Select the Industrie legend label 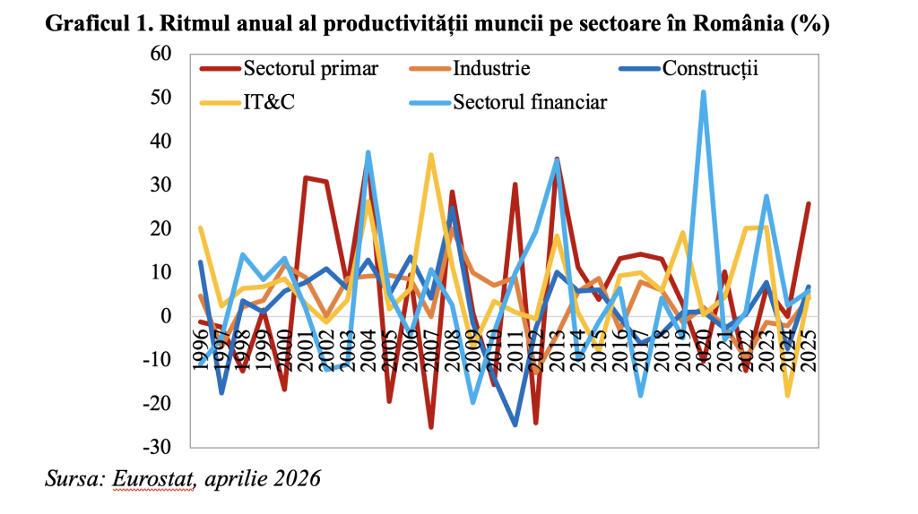pyautogui.click(x=492, y=69)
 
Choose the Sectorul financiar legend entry pyautogui.click(x=530, y=101)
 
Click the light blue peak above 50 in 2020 pyautogui.click(x=704, y=91)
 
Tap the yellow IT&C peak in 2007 pyautogui.click(x=431, y=155)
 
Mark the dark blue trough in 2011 pyautogui.click(x=515, y=424)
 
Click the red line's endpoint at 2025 pyautogui.click(x=809, y=204)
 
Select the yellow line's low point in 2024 pyautogui.click(x=788, y=395)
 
